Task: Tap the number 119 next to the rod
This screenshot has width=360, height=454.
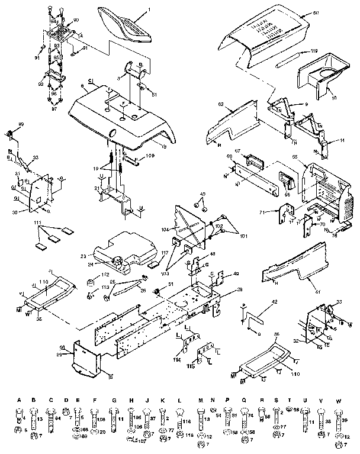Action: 314,51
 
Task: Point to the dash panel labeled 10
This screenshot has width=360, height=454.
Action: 320,77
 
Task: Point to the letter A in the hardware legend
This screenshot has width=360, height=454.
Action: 18,401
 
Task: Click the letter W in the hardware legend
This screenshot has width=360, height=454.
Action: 338,401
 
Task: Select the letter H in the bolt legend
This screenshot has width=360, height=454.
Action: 130,401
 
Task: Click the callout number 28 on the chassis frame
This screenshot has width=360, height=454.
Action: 239,288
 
